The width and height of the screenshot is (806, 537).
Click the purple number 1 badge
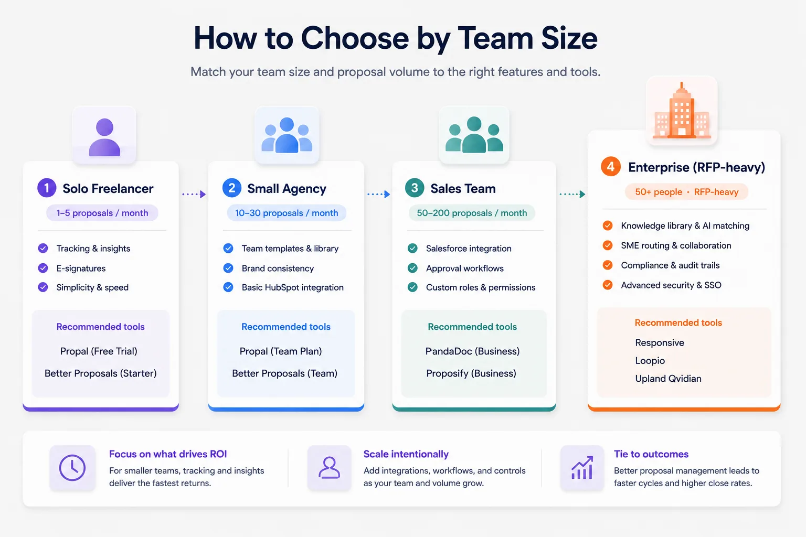47,188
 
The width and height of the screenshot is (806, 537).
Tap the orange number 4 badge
611,167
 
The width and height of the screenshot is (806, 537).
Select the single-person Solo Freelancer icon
104,137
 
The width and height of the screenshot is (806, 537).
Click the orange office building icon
682,111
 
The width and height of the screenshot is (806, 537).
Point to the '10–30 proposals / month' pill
287,213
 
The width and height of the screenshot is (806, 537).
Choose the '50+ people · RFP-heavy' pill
686,192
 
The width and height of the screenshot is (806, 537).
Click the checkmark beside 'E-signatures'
43,268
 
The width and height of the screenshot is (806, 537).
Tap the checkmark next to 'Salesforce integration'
413,248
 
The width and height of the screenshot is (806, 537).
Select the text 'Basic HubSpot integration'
292,287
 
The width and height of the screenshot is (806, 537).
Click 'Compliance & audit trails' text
670,265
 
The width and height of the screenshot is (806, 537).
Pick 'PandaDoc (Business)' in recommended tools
472,351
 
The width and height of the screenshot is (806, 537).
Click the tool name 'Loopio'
650,361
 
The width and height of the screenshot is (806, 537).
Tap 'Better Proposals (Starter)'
100,373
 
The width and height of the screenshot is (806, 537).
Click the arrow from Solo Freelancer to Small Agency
194,194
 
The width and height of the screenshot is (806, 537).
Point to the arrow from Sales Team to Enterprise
572,194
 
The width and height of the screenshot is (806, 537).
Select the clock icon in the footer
72,468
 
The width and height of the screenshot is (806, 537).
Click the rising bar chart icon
582,468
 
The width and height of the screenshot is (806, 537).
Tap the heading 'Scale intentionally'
406,454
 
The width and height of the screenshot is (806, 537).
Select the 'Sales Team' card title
463,188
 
